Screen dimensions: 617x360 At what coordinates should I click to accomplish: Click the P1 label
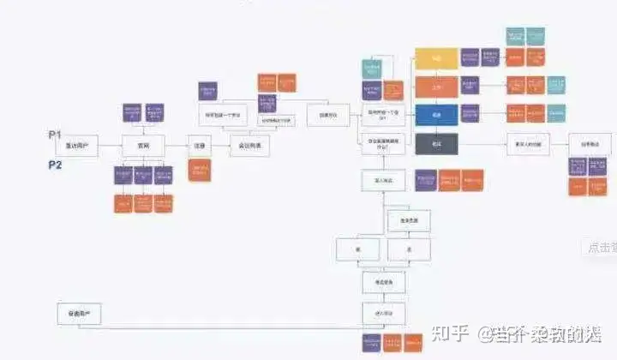[56, 135]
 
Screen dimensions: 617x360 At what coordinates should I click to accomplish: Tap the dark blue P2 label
[56, 165]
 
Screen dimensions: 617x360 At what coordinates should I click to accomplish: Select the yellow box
[436, 58]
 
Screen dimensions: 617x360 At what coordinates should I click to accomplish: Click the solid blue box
[436, 115]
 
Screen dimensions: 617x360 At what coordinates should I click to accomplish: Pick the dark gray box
[436, 143]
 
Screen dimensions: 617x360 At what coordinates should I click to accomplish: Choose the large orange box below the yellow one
[436, 87]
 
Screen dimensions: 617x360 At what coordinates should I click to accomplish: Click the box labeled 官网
[142, 147]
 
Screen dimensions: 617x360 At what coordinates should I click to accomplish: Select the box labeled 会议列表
[249, 147]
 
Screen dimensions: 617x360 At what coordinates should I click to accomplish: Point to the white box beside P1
[77, 147]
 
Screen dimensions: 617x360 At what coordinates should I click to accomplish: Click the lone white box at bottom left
[79, 315]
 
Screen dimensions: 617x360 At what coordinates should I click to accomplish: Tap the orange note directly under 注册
[201, 171]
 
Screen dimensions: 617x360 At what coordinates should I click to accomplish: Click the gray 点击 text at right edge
[599, 248]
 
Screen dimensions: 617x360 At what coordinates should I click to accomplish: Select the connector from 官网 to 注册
[176, 147]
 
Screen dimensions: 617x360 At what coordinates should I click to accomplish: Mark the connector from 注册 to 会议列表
[221, 147]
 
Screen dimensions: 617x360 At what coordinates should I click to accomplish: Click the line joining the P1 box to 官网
[111, 147]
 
